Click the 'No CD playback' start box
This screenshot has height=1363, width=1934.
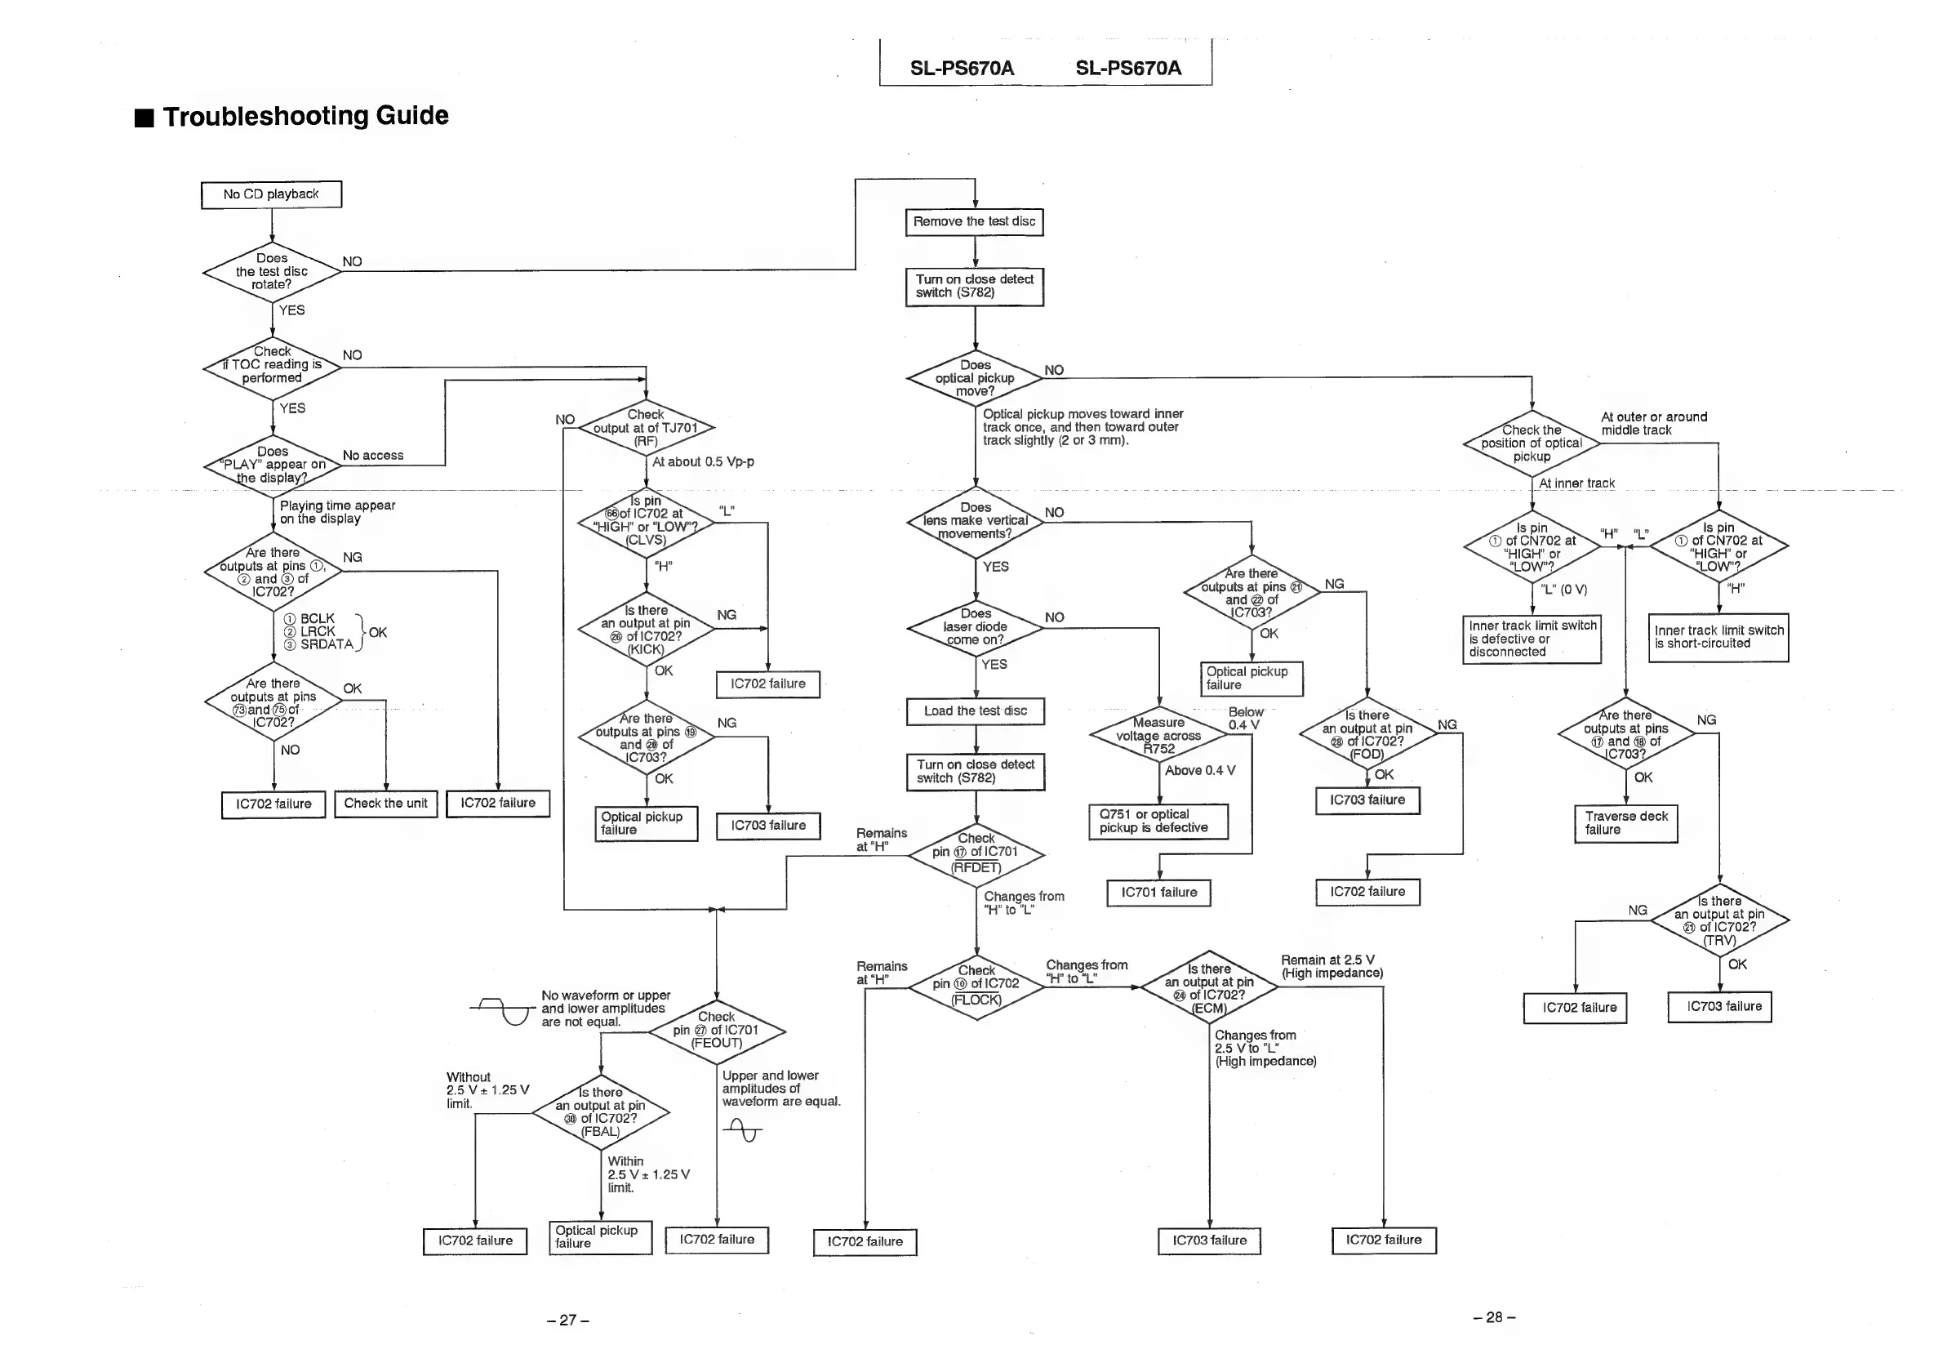pos(271,194)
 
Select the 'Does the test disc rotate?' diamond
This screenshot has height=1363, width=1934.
pos(271,271)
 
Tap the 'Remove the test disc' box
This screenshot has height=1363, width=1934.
pos(975,222)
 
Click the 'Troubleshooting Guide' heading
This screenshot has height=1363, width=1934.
pos(305,115)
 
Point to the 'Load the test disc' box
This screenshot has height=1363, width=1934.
pos(976,711)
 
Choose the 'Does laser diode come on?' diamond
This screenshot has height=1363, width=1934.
pos(975,627)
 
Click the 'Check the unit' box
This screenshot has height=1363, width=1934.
pos(386,804)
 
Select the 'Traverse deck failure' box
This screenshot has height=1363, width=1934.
pos(1625,823)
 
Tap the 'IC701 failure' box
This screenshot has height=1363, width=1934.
pos(1159,893)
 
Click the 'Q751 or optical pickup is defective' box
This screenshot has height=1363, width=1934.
pos(1158,822)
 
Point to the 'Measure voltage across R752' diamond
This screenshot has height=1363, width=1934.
pos(1158,736)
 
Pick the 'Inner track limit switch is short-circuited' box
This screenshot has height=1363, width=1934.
pos(1718,638)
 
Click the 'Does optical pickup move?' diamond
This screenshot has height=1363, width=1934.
pos(975,378)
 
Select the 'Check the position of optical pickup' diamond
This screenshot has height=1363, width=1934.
pos(1532,443)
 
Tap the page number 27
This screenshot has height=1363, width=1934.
pos(567,1320)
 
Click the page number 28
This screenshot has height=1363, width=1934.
pos(1493,1317)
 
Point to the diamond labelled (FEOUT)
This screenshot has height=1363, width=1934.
pos(716,1031)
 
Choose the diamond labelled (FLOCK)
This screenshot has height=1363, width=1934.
pos(976,986)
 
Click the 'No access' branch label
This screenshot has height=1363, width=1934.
pos(373,456)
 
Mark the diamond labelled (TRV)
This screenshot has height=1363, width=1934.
pos(1719,920)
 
